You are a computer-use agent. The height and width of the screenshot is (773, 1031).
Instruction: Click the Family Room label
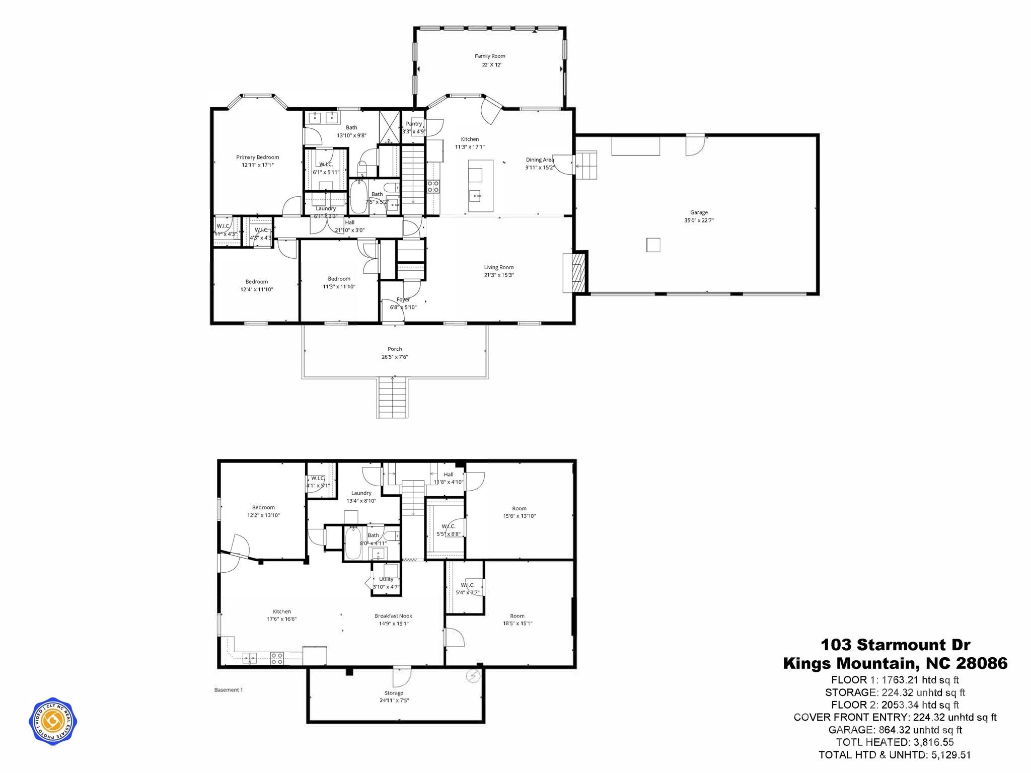tap(490, 56)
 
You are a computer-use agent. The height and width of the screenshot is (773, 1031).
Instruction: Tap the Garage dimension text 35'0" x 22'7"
tap(699, 220)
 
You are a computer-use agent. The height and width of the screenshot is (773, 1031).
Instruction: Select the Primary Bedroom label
tap(257, 158)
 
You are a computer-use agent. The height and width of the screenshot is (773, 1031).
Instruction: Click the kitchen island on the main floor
tap(480, 186)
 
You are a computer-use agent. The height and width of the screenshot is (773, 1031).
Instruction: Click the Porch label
tap(395, 349)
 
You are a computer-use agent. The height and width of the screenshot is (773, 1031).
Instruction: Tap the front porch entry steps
tap(392, 397)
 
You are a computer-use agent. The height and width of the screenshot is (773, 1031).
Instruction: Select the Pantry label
tap(414, 124)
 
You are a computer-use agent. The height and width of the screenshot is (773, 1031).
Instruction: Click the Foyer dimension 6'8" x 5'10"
tap(403, 307)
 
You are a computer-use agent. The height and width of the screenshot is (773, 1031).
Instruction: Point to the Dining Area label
tap(540, 160)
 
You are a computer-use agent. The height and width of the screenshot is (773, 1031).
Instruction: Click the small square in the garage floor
tap(653, 245)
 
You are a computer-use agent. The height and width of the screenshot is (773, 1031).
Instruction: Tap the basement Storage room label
tap(394, 693)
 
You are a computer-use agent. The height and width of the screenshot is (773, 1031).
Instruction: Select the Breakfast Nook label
tap(393, 616)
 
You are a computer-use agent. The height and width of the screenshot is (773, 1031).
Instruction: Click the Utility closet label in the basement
tap(386, 579)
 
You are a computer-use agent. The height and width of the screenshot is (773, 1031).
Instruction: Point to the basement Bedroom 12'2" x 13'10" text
tap(263, 515)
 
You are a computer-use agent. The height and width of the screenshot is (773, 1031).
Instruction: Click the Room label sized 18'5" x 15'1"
tap(517, 616)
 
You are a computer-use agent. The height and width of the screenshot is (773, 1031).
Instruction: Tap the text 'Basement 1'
tap(229, 690)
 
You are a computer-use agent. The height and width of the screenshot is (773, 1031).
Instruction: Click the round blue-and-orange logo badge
tap(53, 721)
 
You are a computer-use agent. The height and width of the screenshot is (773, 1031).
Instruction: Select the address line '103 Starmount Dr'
tap(895, 645)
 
